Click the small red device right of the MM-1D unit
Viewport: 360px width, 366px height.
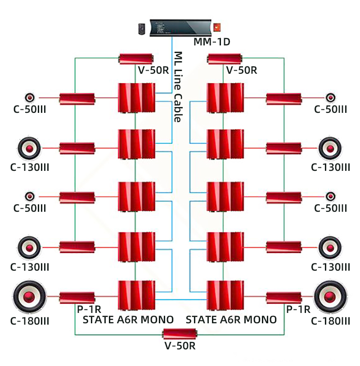tap(218, 27)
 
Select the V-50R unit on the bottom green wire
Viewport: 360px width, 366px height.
tap(180, 334)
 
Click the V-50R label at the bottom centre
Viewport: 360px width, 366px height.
tap(180, 346)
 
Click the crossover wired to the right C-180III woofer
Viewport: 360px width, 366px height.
tap(283, 297)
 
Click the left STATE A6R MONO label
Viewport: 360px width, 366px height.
tap(128, 320)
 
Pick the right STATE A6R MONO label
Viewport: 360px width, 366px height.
tap(231, 320)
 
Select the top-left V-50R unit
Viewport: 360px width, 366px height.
tap(136, 58)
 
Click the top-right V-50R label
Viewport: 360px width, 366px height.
tap(242, 70)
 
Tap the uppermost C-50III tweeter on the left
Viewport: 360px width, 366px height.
tap(30, 98)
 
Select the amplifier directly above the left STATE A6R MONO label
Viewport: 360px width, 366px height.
tap(136, 295)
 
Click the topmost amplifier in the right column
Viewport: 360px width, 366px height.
tap(225, 98)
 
